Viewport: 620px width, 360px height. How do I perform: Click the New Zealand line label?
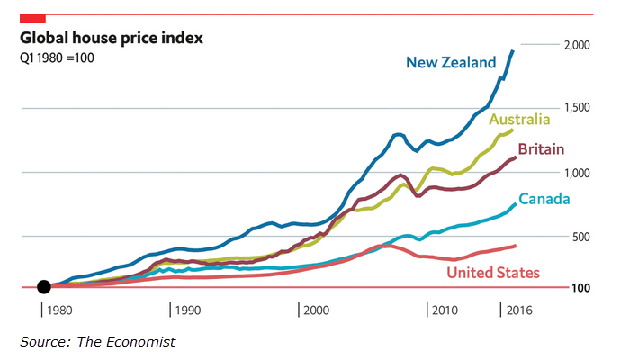coord(451,62)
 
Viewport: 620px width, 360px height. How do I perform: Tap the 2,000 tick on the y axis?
coord(576,45)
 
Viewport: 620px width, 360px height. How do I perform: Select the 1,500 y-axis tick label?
coord(576,108)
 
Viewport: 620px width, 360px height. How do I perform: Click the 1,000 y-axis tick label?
coord(576,173)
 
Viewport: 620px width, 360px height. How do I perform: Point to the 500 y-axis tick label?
coord(580,237)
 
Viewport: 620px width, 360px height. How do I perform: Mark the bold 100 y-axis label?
coord(580,288)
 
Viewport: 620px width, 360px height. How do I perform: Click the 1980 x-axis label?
coord(61,310)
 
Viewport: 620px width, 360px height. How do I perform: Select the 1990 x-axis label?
coord(189,310)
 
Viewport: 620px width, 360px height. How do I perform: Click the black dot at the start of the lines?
coord(43,287)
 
